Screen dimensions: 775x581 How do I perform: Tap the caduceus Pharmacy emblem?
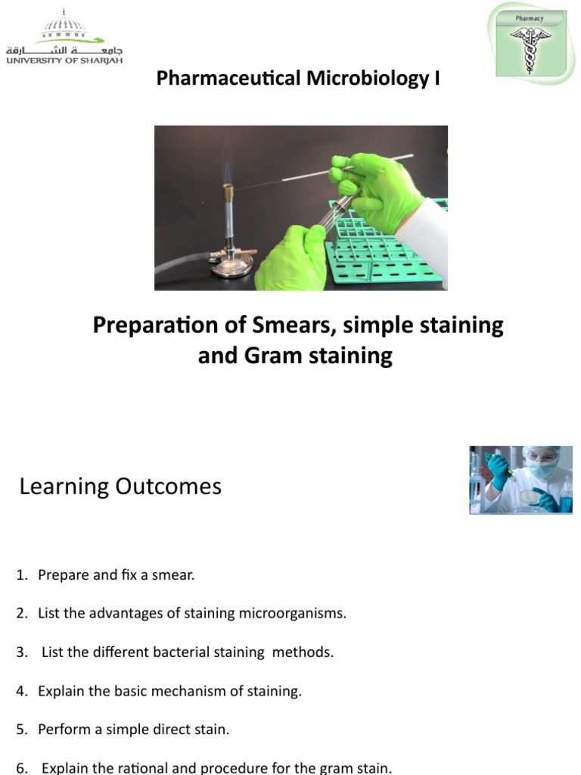click(x=530, y=43)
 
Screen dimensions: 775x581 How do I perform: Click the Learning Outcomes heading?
click(x=120, y=486)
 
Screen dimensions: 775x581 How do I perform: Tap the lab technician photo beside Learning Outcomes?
click(x=520, y=480)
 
